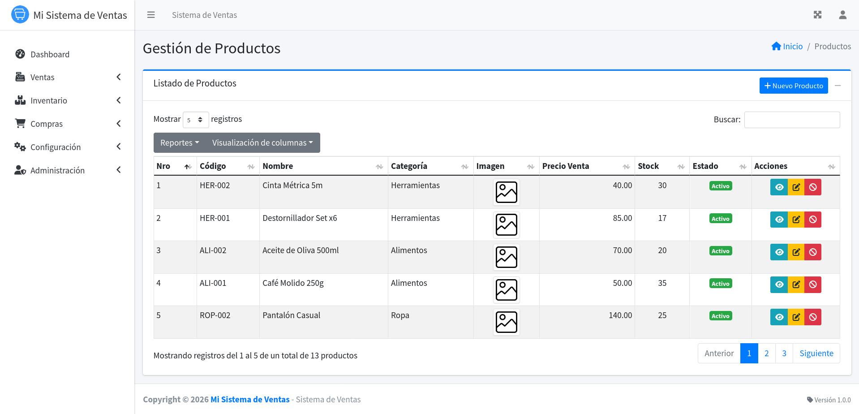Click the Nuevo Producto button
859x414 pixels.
pos(793,86)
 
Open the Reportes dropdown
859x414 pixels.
pos(180,142)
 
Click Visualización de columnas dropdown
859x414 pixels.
pos(262,142)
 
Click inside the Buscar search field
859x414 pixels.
pos(792,120)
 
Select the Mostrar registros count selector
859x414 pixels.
pos(196,120)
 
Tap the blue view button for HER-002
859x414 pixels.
pos(779,187)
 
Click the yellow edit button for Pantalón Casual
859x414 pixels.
pos(796,317)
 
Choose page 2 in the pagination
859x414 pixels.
pos(767,354)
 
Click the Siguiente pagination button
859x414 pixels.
pos(816,354)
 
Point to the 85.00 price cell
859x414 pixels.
pos(623,218)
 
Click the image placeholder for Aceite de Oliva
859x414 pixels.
pos(507,257)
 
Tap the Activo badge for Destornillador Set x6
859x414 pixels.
pos(721,219)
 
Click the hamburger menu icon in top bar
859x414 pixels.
pos(151,15)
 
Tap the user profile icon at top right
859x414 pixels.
pos(842,15)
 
